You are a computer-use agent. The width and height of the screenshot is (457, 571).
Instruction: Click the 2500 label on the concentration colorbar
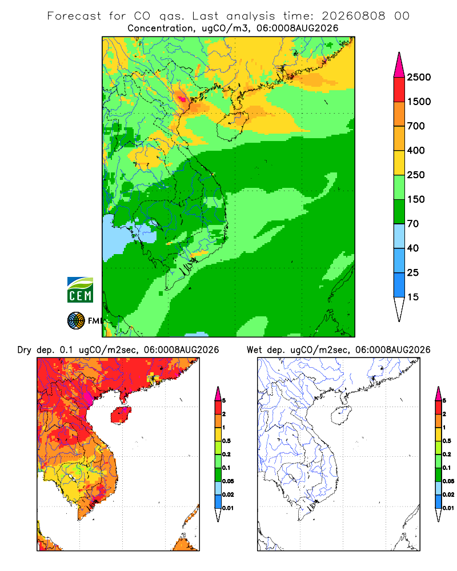pyautogui.click(x=419, y=77)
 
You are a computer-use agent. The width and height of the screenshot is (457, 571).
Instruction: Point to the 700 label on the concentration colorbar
pyautogui.click(x=416, y=126)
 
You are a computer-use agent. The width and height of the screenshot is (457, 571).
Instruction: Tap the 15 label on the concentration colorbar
pyautogui.click(x=413, y=297)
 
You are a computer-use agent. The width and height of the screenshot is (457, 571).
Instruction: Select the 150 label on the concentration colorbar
pyautogui.click(x=416, y=199)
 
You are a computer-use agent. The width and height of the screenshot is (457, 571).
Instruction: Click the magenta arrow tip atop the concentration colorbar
pyautogui.click(x=399, y=65)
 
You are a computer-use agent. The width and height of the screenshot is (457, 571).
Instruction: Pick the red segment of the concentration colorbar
pyautogui.click(x=399, y=89)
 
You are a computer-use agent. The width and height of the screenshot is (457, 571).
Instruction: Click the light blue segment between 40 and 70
pyautogui.click(x=399, y=236)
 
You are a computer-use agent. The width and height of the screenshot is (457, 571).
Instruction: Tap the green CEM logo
pyautogui.click(x=80, y=290)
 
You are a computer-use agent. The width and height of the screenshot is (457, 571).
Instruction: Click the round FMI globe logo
pyautogui.click(x=76, y=321)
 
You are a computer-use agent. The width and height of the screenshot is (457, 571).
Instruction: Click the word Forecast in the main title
pyautogui.click(x=74, y=16)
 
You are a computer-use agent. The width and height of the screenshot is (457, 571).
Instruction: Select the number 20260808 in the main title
pyautogui.click(x=353, y=16)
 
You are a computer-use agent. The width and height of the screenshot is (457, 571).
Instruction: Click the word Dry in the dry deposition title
pyautogui.click(x=24, y=350)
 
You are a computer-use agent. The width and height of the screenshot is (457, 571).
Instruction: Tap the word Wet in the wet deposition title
pyautogui.click(x=254, y=350)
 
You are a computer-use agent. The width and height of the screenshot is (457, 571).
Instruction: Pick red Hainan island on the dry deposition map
pyautogui.click(x=121, y=415)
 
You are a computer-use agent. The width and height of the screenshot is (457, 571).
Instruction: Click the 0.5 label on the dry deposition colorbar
pyautogui.click(x=226, y=441)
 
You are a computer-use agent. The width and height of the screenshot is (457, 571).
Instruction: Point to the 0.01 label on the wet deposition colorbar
pyautogui.click(x=448, y=508)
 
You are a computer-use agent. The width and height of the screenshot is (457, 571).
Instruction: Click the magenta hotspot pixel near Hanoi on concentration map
pyautogui.click(x=182, y=98)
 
